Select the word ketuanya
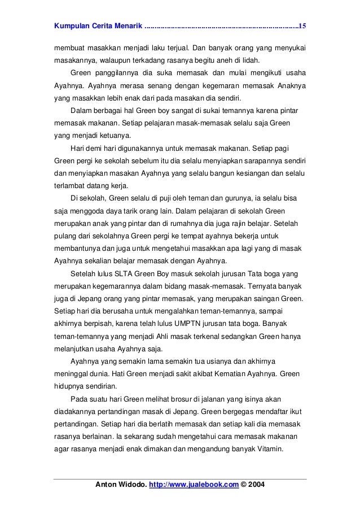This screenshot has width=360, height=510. click(116, 136)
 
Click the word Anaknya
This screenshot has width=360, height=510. click(288, 85)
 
